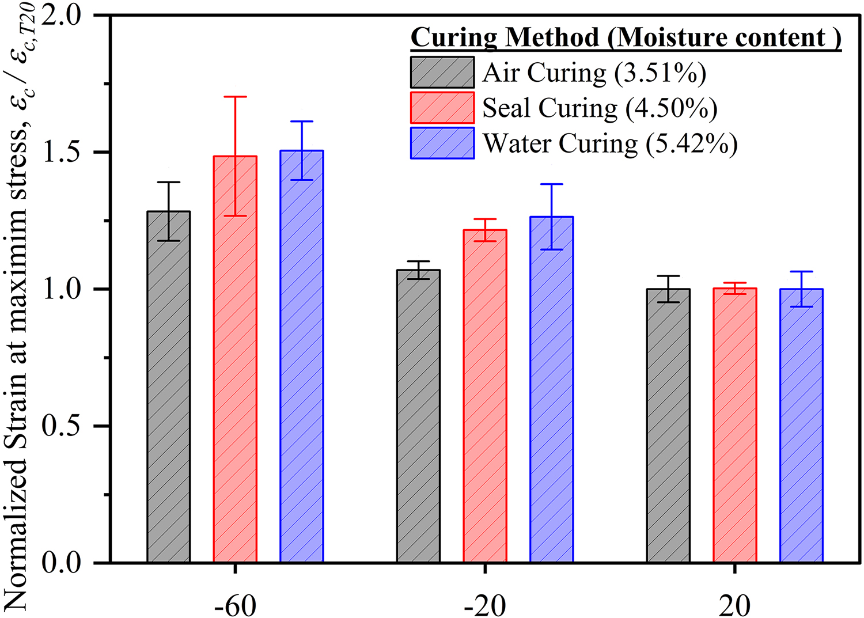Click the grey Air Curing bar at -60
point(169,386)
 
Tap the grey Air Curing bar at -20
point(418,415)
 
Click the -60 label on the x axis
point(235,605)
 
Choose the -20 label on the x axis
point(485,605)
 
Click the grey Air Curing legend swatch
point(442,72)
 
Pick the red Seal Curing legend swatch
point(442,108)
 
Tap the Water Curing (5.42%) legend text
point(610,143)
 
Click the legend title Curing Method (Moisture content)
point(626,38)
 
